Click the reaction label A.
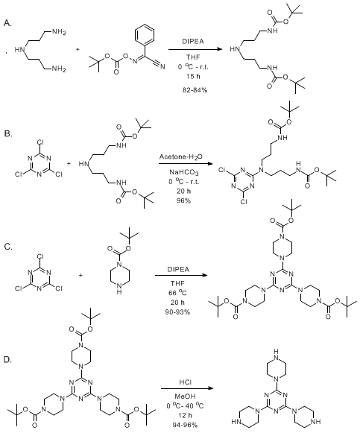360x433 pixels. (7, 23)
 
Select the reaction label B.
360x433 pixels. (8, 133)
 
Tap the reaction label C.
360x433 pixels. (8, 247)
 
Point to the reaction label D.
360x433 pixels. (8, 359)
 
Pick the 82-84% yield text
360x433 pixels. (195, 90)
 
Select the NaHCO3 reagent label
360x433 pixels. (184, 173)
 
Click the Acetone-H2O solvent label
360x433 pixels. (180, 157)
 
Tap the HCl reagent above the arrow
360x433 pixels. (186, 382)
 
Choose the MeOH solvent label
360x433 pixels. (186, 396)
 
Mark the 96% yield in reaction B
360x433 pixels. (183, 200)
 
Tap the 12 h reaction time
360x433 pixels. (186, 415)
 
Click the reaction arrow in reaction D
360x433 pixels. (188, 388)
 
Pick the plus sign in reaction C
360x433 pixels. (81, 275)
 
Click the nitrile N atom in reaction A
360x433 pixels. (162, 66)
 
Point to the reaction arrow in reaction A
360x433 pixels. (195, 49)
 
